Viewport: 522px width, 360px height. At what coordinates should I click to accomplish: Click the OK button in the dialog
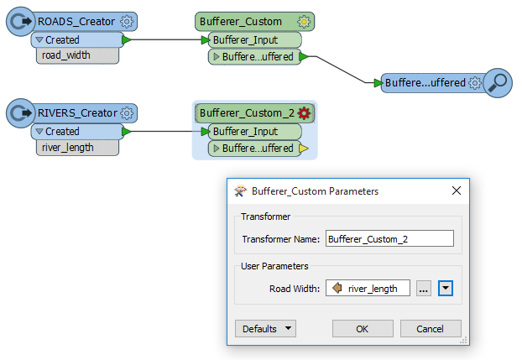click(363, 329)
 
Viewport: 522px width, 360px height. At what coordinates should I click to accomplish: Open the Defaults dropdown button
click(265, 329)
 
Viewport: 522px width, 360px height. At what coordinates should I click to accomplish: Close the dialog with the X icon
click(457, 190)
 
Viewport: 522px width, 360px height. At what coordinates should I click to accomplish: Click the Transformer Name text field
click(389, 239)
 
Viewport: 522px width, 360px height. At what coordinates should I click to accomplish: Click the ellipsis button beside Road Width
click(424, 289)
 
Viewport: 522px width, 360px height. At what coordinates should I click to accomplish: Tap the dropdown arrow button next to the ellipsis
click(446, 289)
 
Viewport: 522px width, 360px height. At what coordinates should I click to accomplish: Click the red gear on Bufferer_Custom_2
click(304, 113)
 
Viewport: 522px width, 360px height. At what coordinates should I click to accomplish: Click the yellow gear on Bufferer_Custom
click(304, 22)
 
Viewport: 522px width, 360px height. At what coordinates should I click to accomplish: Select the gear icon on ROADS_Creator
click(127, 22)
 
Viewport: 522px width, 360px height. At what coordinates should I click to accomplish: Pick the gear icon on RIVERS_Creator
click(127, 113)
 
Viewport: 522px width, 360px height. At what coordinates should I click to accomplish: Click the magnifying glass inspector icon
click(498, 83)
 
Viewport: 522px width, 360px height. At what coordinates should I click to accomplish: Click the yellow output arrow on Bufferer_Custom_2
click(304, 149)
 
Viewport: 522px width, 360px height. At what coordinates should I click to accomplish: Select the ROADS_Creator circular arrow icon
click(21, 22)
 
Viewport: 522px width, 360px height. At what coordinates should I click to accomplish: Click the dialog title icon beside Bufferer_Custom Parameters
click(240, 191)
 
